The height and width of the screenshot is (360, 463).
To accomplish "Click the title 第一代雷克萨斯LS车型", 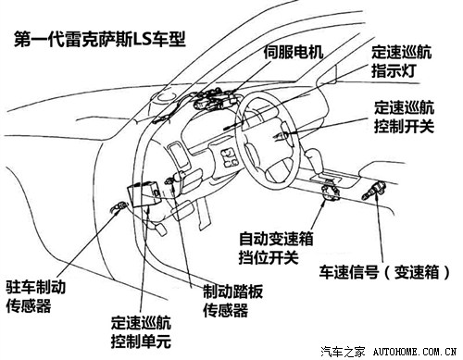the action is click(x=100, y=40).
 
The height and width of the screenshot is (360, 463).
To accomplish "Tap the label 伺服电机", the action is click(x=294, y=52).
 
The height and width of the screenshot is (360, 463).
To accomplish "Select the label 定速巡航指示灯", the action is click(x=401, y=61).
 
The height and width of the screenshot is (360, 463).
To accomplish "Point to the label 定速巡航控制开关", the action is click(x=405, y=117).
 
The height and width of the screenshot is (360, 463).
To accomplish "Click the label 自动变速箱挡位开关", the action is click(x=276, y=248).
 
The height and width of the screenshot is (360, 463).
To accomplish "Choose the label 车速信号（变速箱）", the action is click(x=384, y=272).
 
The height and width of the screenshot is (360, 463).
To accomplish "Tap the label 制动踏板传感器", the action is click(x=233, y=301).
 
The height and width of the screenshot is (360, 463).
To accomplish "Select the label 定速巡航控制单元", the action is click(x=142, y=332).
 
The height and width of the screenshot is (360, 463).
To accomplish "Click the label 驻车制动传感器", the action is click(x=36, y=296).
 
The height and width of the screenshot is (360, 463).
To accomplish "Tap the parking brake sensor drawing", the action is click(x=119, y=206).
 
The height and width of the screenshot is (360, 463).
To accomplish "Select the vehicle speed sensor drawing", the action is click(x=373, y=190).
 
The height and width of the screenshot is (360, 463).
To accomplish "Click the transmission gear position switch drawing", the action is click(x=331, y=192).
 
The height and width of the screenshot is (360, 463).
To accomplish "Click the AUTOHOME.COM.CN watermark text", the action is click(x=415, y=352).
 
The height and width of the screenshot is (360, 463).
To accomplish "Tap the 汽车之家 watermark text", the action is click(x=343, y=352).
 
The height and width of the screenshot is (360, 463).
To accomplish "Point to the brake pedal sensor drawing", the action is click(x=175, y=179).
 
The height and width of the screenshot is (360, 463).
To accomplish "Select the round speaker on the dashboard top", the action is click(x=165, y=97).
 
